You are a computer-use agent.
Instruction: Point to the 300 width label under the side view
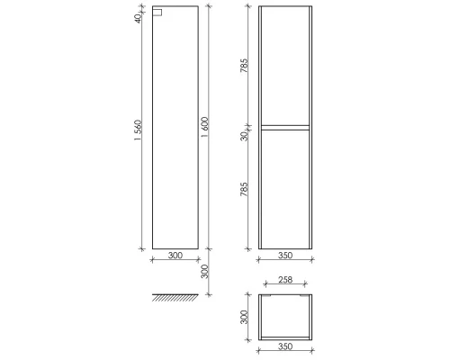coord(175,256)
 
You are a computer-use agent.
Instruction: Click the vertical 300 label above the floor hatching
coord(206,270)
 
